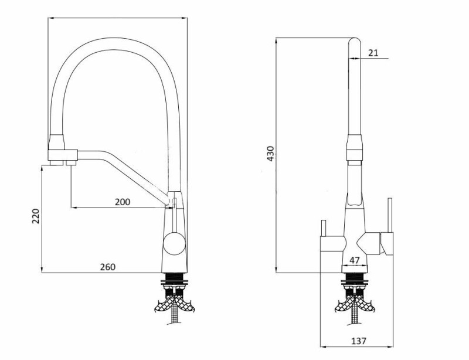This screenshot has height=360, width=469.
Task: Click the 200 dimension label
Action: point(123,202)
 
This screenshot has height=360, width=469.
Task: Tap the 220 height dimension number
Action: point(36,216)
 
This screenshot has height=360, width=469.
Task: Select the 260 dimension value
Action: point(107,267)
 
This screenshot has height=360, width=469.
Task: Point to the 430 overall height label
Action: point(270,154)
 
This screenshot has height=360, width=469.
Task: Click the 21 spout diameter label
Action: point(373,53)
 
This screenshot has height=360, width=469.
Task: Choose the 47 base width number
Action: point(355,260)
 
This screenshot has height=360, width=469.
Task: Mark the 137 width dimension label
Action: point(358,341)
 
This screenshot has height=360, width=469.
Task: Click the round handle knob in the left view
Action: point(174,243)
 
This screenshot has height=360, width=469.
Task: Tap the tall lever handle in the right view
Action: point(389,215)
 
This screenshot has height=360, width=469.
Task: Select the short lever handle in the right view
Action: point(323,228)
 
